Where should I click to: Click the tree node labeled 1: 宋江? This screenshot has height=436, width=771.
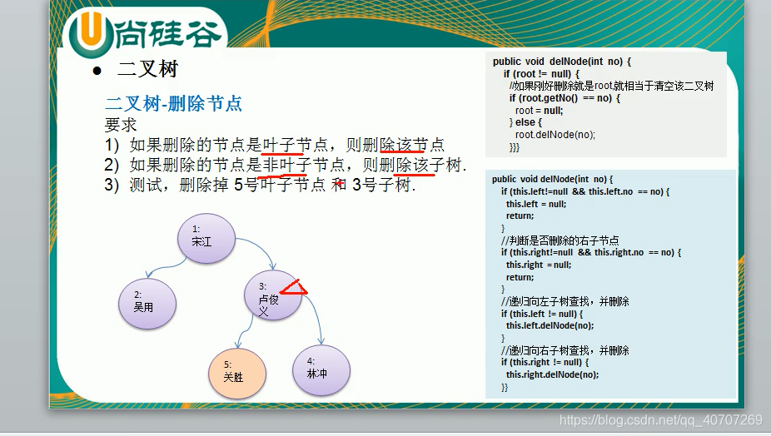(x=205, y=237)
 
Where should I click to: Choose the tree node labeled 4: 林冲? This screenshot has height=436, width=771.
(x=321, y=369)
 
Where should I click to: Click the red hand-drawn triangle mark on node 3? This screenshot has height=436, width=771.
(x=294, y=289)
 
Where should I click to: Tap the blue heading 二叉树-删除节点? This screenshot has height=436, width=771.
(x=173, y=104)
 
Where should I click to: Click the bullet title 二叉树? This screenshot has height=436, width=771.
(x=147, y=70)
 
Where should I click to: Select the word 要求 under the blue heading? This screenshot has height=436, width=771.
(x=121, y=124)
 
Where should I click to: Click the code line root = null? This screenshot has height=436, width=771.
(x=539, y=110)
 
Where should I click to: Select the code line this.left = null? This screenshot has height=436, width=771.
(x=536, y=204)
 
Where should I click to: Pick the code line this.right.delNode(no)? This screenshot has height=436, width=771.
(x=552, y=374)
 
